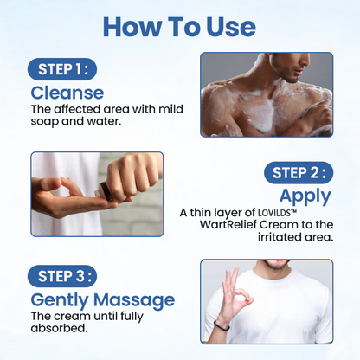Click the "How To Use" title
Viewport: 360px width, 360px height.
click(x=179, y=27)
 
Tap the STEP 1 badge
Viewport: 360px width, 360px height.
click(x=62, y=69)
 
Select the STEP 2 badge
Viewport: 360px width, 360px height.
click(x=299, y=173)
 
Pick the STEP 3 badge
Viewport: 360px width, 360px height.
click(x=62, y=276)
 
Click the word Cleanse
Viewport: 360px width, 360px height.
click(x=67, y=93)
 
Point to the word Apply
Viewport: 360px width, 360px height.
click(x=305, y=196)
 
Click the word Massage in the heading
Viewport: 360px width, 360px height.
click(x=134, y=300)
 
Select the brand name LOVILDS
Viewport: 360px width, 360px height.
click(x=273, y=213)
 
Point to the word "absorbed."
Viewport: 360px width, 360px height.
click(x=59, y=328)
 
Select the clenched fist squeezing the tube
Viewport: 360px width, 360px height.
click(x=132, y=177)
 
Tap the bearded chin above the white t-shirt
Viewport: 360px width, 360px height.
click(x=274, y=263)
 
